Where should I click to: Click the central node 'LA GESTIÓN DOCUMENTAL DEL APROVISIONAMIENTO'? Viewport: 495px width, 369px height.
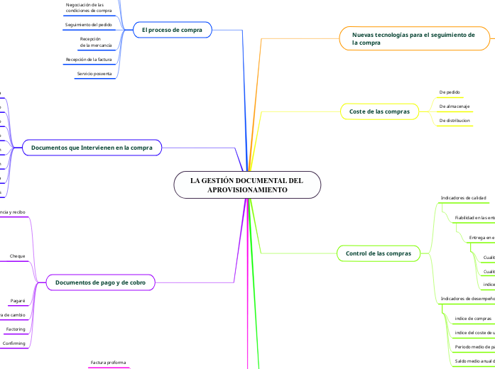246,185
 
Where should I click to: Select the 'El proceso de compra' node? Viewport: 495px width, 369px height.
172,30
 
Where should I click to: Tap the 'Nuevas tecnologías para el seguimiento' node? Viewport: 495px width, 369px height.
413,38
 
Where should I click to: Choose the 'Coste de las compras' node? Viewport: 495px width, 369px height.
380,111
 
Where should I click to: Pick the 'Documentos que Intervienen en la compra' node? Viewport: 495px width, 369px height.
92,148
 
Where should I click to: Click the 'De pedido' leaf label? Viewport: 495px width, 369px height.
450,92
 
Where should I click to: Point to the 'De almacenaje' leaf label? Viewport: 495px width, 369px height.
454,106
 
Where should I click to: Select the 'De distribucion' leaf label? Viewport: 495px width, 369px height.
455,121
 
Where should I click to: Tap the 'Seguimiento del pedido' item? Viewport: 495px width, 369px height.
93,25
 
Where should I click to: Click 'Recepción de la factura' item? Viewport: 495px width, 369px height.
93,60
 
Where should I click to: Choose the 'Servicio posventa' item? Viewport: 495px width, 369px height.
94,74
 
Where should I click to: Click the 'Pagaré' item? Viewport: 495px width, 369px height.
18,301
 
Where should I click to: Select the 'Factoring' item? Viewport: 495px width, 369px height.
16,329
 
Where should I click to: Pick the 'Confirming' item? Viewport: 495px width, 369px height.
14,343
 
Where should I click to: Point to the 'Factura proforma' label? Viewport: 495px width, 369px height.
108,363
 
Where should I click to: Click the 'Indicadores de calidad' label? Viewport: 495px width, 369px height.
463,197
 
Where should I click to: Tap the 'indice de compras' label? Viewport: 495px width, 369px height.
473,319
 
